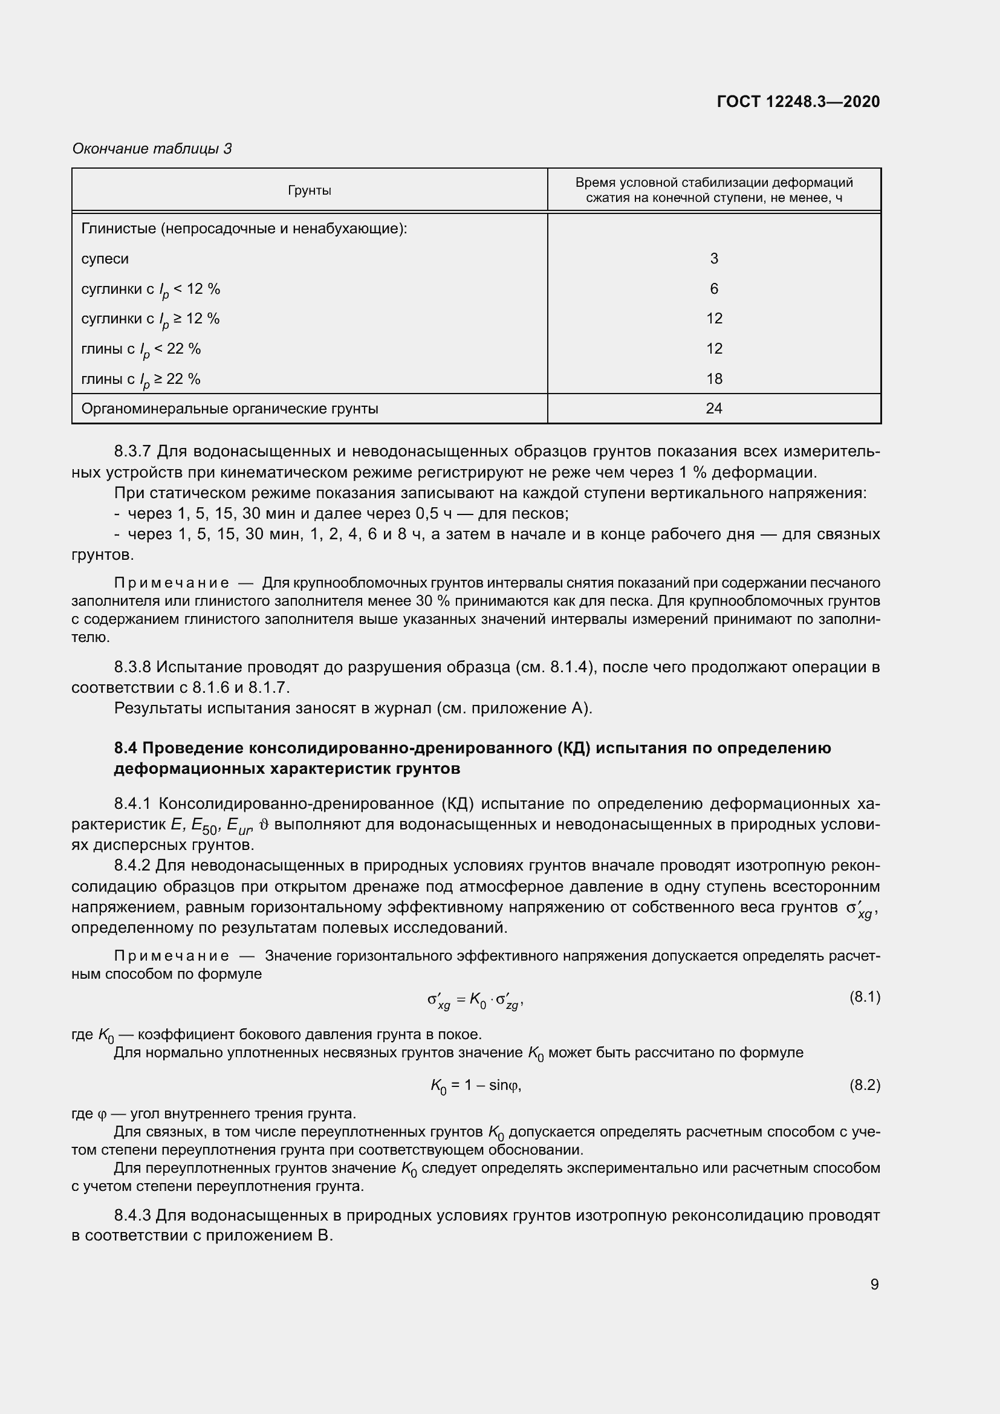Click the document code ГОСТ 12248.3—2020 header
tap(798, 102)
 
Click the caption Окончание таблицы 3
tap(152, 149)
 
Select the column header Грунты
tap(309, 190)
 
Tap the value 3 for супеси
tap(713, 259)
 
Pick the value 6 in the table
tap(713, 288)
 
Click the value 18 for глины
tap(713, 379)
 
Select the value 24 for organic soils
tap(713, 408)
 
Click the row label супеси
tap(105, 259)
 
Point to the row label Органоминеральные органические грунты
tap(230, 408)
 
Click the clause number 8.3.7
tap(132, 452)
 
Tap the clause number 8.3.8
tap(132, 667)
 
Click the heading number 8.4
tap(126, 748)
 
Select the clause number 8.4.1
tap(132, 803)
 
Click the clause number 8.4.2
tap(132, 866)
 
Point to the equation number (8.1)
tap(865, 996)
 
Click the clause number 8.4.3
tap(132, 1215)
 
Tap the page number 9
tap(874, 1284)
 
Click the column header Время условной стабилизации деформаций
tap(713, 183)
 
